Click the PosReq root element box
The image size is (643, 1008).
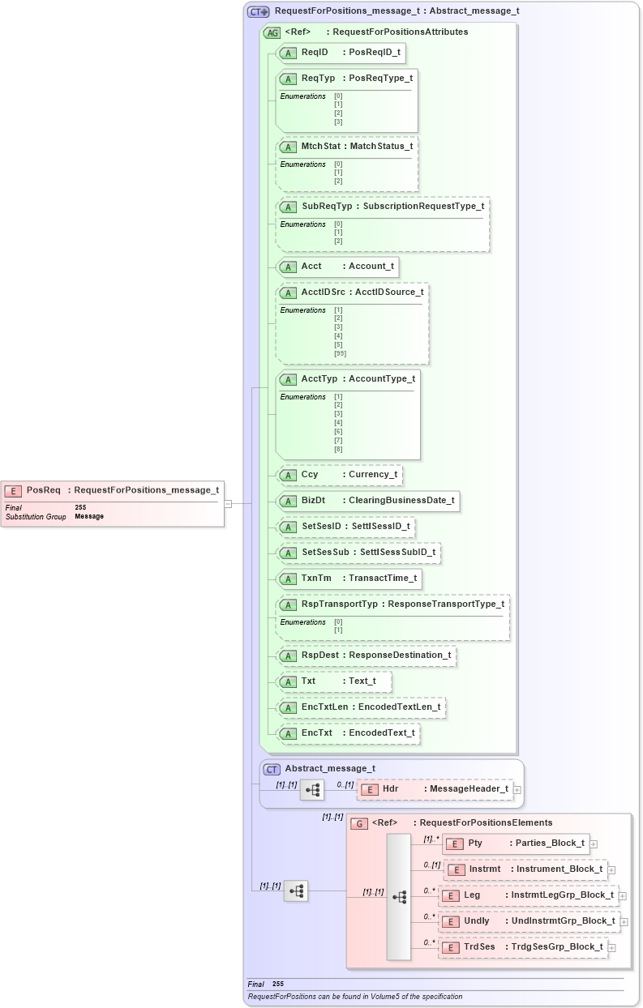point(113,490)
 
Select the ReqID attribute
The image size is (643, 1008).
point(341,53)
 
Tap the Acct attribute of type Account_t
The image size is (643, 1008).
point(338,267)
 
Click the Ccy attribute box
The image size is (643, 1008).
point(340,475)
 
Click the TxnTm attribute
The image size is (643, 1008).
point(349,578)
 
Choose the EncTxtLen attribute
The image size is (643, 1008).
point(361,707)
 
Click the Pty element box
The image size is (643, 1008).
point(516,844)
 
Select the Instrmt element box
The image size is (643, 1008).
point(525,869)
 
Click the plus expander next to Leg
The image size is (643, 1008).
point(623,896)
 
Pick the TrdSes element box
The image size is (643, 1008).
point(523,947)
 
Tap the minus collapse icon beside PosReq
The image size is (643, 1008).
point(228,503)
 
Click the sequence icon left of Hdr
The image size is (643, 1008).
point(312,789)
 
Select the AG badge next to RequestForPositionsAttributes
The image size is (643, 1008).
point(272,33)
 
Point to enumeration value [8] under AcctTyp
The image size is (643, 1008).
point(338,449)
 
